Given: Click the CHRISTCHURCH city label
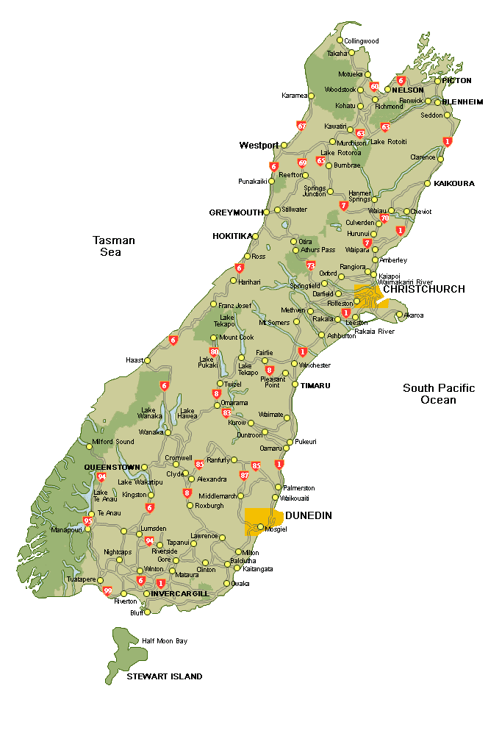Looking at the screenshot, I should pyautogui.click(x=424, y=289).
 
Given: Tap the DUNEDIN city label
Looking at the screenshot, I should pyautogui.click(x=308, y=515).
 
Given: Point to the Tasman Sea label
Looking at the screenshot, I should pyautogui.click(x=114, y=246).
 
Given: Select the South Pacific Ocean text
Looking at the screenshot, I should pyautogui.click(x=439, y=394).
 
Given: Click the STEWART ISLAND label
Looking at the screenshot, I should pyautogui.click(x=165, y=676).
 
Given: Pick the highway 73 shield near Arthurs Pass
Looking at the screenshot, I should pyautogui.click(x=311, y=265).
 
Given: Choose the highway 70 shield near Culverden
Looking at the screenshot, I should pyautogui.click(x=384, y=218).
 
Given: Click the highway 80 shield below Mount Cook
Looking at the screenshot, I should pyautogui.click(x=214, y=352).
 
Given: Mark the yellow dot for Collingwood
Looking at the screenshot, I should pyautogui.click(x=340, y=40).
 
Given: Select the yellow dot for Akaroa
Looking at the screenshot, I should pyautogui.click(x=399, y=315).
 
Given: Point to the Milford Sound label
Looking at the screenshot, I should pyautogui.click(x=113, y=442).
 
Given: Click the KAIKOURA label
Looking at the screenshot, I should pyautogui.click(x=454, y=183).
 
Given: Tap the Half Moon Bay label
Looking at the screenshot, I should pyautogui.click(x=165, y=641).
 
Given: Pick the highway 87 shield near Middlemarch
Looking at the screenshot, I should pyautogui.click(x=244, y=476).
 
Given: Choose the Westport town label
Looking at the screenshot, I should pyautogui.click(x=259, y=146).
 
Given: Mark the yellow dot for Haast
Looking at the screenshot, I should pyautogui.click(x=147, y=360).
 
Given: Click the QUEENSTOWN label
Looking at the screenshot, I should pyautogui.click(x=112, y=467).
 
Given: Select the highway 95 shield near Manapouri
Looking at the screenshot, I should pyautogui.click(x=88, y=521).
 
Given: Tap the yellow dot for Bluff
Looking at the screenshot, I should pyautogui.click(x=147, y=612).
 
